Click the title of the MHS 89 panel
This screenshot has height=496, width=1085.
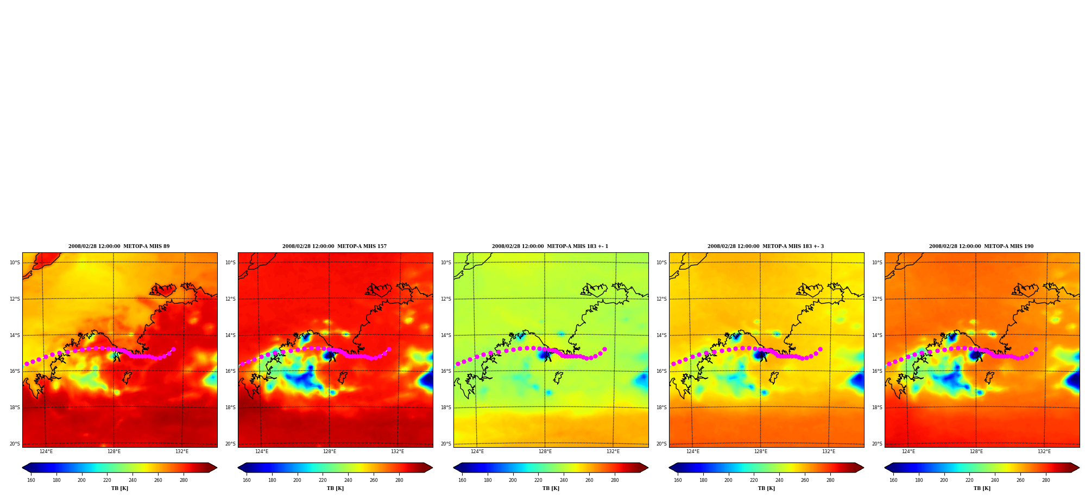click(x=119, y=246)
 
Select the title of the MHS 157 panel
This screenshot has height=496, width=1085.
click(x=335, y=246)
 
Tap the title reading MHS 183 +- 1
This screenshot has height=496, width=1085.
click(x=550, y=246)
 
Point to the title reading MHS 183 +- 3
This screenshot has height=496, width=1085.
click(x=766, y=246)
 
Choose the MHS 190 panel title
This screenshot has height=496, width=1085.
click(x=981, y=246)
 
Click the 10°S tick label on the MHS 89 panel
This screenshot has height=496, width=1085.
click(x=15, y=263)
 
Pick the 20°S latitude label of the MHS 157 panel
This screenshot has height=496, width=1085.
click(x=230, y=444)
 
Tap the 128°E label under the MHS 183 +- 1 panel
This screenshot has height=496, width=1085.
click(x=545, y=452)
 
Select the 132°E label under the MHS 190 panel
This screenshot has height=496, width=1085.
click(x=1044, y=452)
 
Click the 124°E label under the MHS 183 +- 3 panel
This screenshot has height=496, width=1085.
click(x=693, y=452)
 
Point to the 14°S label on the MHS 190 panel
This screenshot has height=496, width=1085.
click(x=877, y=335)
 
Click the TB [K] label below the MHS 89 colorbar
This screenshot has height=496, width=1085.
click(x=119, y=488)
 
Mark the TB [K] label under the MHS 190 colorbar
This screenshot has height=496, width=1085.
click(x=982, y=488)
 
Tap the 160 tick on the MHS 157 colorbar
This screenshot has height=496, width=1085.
click(x=247, y=480)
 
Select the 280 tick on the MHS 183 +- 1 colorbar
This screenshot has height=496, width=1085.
click(x=615, y=480)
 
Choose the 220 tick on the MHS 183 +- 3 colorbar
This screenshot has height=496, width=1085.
click(x=754, y=480)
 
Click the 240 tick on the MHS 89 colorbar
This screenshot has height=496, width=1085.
click(x=133, y=480)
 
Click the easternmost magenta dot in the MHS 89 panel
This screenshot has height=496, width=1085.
click(x=173, y=349)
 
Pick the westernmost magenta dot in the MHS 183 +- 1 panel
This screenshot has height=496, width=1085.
click(x=458, y=364)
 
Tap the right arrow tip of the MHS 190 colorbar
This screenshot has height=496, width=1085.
click(x=1079, y=468)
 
